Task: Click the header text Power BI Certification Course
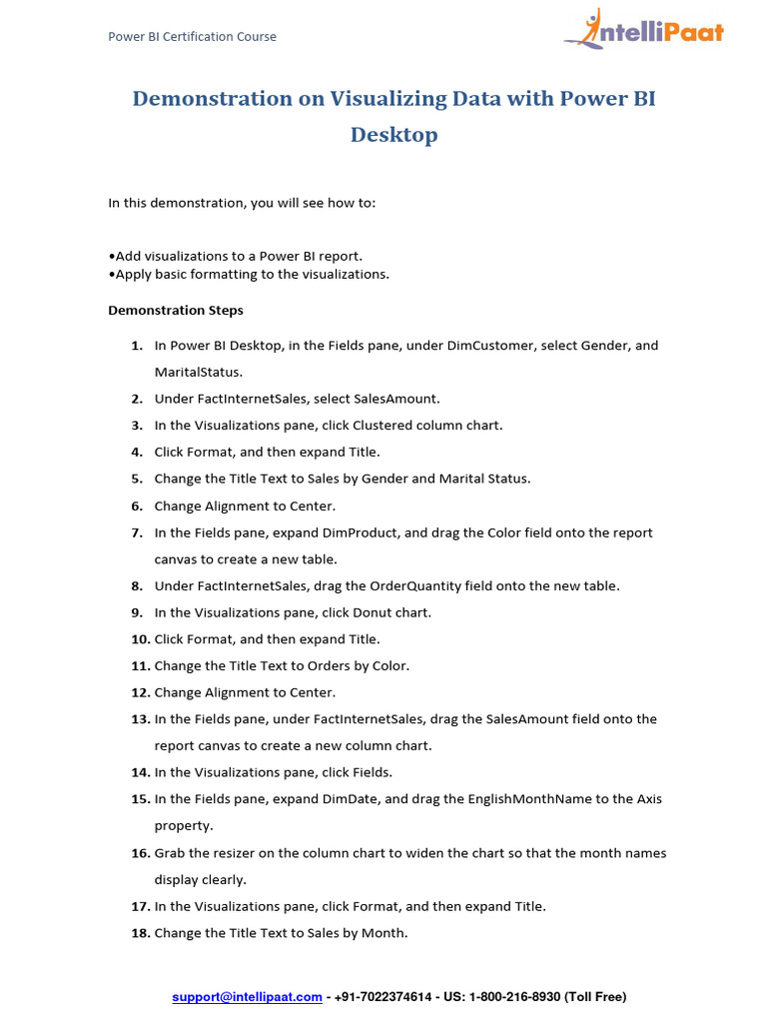[x=192, y=37]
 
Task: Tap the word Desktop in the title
[x=393, y=135]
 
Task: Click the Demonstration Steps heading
[x=176, y=310]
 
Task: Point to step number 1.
[x=136, y=346]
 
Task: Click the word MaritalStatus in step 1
[x=198, y=372]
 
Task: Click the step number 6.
[x=136, y=506]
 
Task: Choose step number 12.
[x=139, y=692]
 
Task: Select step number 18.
[x=139, y=933]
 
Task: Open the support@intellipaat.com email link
[x=247, y=997]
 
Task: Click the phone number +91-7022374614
[x=383, y=997]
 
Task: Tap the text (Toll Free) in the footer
[x=595, y=997]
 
